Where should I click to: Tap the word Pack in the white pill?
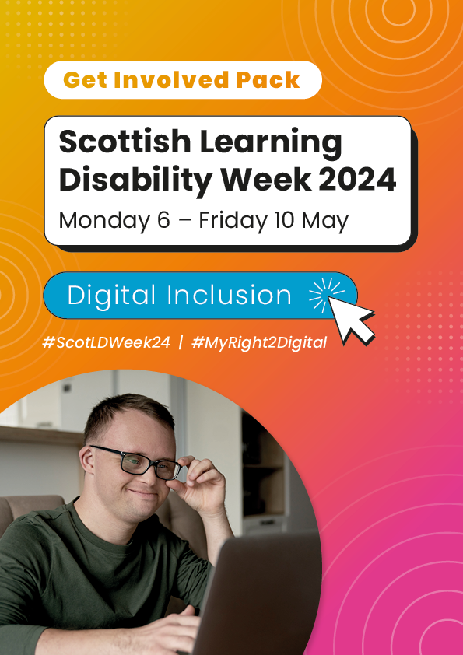268,80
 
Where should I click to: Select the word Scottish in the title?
125,142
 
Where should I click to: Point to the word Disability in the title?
136,180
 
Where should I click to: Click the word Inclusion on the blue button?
229,295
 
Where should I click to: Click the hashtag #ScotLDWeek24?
106,342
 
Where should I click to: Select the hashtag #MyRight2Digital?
259,342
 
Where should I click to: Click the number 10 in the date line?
285,221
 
